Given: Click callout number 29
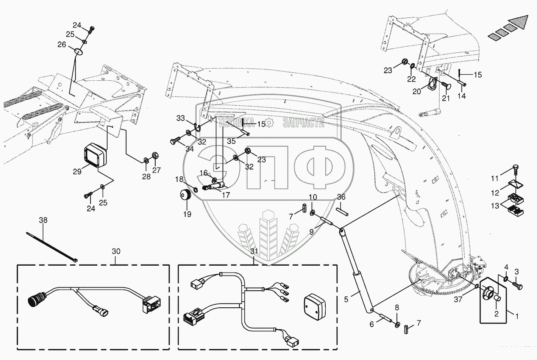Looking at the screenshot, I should pyautogui.click(x=77, y=172).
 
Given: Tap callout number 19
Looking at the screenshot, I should pyautogui.click(x=187, y=214).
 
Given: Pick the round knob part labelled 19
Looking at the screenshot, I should pyautogui.click(x=185, y=197).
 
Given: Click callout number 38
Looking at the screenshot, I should pyautogui.click(x=44, y=219).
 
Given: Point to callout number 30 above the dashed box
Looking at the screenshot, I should pyautogui.click(x=116, y=251).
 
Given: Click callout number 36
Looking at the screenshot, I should pyautogui.click(x=341, y=197).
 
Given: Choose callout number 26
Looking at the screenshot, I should pyautogui.click(x=62, y=45).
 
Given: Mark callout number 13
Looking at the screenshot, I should pyautogui.click(x=495, y=206).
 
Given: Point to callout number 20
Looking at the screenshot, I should pyautogui.click(x=417, y=91).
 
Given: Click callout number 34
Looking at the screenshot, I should pyautogui.click(x=189, y=149).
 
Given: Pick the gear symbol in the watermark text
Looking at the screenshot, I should pyautogui.click(x=269, y=122).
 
